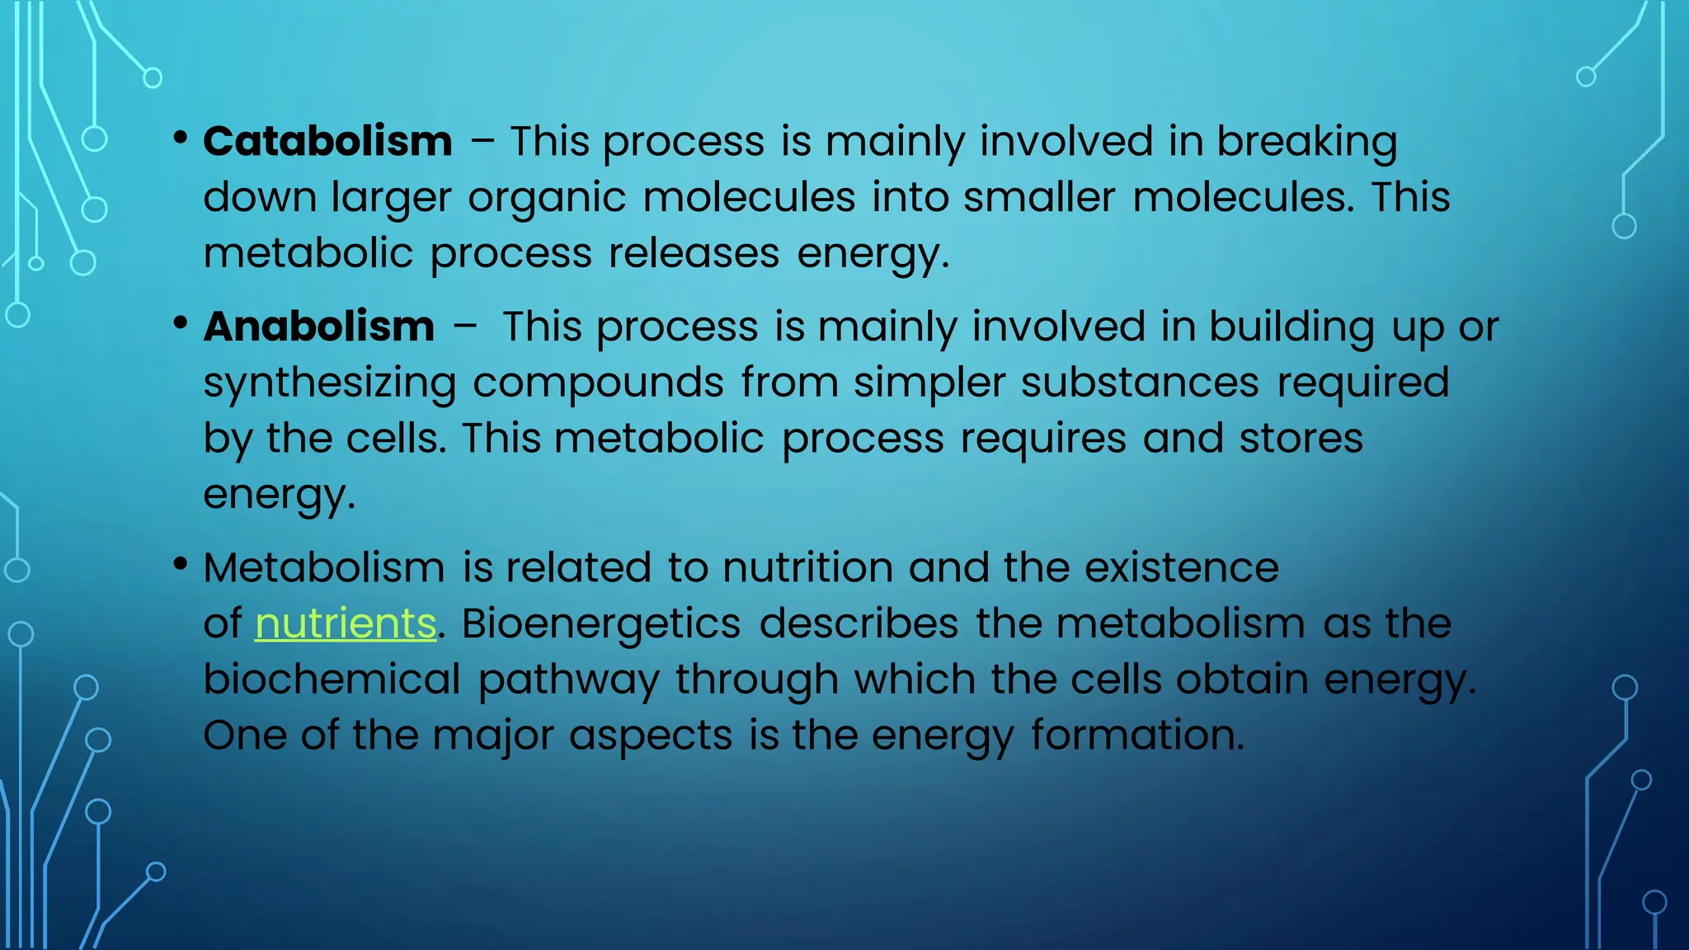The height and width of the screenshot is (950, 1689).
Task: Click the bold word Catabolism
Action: [x=327, y=142]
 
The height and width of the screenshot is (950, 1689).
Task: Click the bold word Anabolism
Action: [x=318, y=327]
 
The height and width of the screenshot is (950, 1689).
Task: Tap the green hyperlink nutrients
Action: [x=346, y=623]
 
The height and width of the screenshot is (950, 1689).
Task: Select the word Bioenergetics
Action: [x=600, y=623]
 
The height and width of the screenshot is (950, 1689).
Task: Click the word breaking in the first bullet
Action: [x=1306, y=142]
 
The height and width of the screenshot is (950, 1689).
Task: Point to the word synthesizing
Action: [x=329, y=383]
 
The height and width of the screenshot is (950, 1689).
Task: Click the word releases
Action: [x=694, y=253]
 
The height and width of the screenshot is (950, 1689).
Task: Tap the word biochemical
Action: [x=332, y=680]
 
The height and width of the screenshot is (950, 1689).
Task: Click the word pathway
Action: [x=568, y=681]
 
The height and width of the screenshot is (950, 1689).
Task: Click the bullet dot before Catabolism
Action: [x=181, y=137]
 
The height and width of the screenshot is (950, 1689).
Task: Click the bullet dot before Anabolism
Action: [x=181, y=322]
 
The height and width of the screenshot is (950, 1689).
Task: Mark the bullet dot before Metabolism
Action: [x=181, y=564]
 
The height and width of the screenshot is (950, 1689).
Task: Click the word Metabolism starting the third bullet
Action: [x=324, y=568]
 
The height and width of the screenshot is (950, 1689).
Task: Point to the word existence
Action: [x=1181, y=568]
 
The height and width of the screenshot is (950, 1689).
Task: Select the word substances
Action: [x=1140, y=383]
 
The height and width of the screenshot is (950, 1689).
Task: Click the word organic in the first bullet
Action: [x=547, y=199]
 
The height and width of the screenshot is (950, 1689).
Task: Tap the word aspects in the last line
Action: [x=650, y=736]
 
